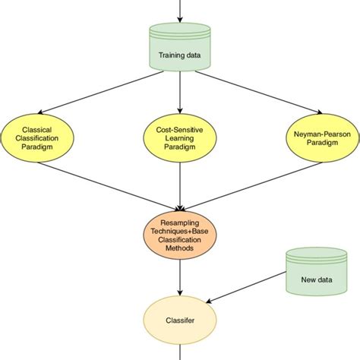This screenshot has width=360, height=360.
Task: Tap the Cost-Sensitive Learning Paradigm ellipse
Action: [180, 136]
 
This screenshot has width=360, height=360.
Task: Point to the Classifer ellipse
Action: [180, 321]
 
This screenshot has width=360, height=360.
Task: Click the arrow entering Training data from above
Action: [180, 11]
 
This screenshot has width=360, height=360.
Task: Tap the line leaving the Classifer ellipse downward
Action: [180, 351]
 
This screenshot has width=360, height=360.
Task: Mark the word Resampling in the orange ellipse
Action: [180, 221]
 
